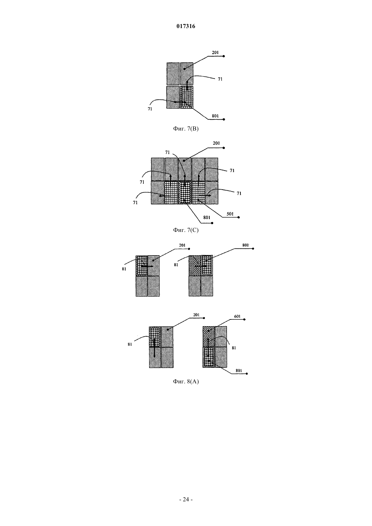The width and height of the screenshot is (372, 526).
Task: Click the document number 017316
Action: tap(186, 26)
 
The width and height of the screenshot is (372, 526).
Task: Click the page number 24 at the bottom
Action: tap(186, 499)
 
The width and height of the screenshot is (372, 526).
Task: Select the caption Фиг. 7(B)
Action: tap(186, 129)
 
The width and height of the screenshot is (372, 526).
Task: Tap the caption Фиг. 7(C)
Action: tap(186, 230)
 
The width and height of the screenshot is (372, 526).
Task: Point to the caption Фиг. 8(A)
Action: tap(186, 382)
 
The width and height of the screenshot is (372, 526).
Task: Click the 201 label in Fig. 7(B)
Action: tap(215, 53)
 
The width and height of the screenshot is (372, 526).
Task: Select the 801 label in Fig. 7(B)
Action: tap(215, 116)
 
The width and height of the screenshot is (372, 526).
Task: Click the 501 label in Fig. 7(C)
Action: tap(230, 214)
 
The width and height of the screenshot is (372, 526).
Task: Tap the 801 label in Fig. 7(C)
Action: tap(207, 217)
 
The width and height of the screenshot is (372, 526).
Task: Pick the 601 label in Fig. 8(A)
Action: tap(237, 316)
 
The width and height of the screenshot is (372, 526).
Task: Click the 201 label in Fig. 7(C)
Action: tap(216, 143)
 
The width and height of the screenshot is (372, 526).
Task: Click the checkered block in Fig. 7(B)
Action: tap(187, 97)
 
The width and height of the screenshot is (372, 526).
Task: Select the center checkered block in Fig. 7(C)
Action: tap(185, 193)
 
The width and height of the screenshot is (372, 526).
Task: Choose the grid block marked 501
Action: tap(199, 193)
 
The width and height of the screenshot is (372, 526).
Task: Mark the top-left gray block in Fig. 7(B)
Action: tap(173, 74)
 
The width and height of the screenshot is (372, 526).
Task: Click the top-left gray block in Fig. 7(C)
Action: tap(158, 169)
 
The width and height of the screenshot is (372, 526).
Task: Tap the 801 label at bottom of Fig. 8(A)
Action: tap(239, 370)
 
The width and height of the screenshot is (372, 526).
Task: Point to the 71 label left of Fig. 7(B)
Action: tap(150, 109)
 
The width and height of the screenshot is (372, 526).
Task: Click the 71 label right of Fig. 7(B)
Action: tap(220, 79)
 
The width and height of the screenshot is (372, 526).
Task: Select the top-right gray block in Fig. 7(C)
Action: tap(212, 169)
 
